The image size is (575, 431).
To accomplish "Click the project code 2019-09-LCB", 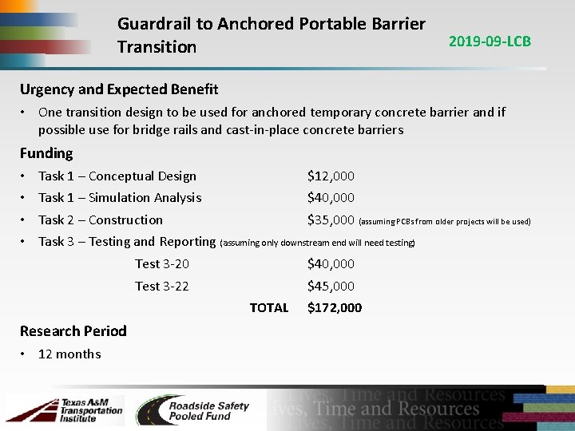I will tap(490, 42).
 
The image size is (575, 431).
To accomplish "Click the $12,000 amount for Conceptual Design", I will tap(331, 176).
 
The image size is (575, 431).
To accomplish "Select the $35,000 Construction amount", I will tap(331, 219).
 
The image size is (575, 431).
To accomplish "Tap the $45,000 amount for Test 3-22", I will tap(331, 286).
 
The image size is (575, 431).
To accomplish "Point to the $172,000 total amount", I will tap(335, 307).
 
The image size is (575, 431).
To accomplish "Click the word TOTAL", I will tap(269, 307).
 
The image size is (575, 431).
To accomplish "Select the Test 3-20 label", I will tap(162, 263).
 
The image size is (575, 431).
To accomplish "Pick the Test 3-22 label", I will tap(162, 286).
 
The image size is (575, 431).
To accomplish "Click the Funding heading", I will tap(46, 153).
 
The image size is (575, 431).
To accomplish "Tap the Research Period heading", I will tap(73, 330).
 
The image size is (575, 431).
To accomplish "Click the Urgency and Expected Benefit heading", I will tap(119, 89).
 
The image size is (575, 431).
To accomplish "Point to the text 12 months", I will tap(69, 354).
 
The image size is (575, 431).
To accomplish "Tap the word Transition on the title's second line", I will tap(157, 47).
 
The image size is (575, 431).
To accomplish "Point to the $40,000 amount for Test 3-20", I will tap(331, 263).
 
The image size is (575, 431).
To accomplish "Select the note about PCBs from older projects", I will tap(445, 221).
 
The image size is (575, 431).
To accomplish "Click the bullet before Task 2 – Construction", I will tap(25, 219).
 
